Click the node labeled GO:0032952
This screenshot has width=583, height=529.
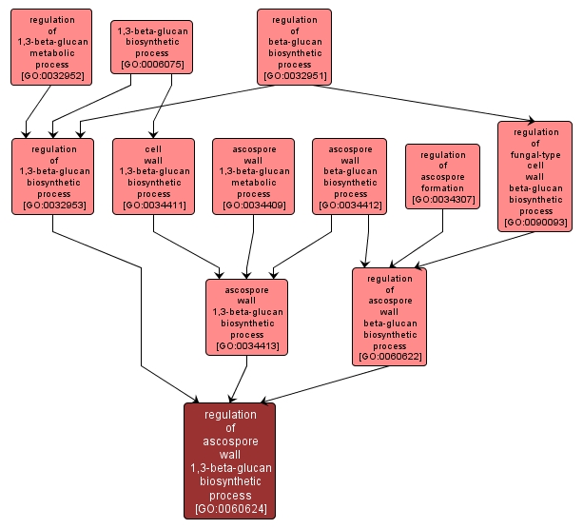(x=52, y=46)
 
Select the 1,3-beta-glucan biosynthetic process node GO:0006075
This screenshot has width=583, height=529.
(x=151, y=47)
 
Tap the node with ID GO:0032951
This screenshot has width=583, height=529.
(x=294, y=46)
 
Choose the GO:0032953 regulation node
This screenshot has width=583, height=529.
(x=52, y=175)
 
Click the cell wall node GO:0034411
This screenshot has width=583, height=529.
(x=153, y=175)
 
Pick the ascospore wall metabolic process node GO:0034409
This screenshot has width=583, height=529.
(x=253, y=175)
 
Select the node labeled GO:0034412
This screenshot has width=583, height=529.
(x=349, y=175)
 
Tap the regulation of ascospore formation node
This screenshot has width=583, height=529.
(x=442, y=176)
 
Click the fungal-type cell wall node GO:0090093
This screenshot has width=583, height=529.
(x=534, y=175)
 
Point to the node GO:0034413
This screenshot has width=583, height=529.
(x=246, y=316)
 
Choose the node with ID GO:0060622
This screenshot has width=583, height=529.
(x=389, y=316)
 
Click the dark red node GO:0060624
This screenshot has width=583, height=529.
(x=229, y=460)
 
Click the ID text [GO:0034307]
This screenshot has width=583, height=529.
(x=442, y=200)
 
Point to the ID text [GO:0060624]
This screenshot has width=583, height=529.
(x=229, y=509)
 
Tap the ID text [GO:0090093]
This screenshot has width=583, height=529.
(x=534, y=223)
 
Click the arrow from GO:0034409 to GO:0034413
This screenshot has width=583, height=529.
(x=250, y=247)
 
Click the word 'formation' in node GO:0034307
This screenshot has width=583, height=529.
(x=442, y=188)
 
